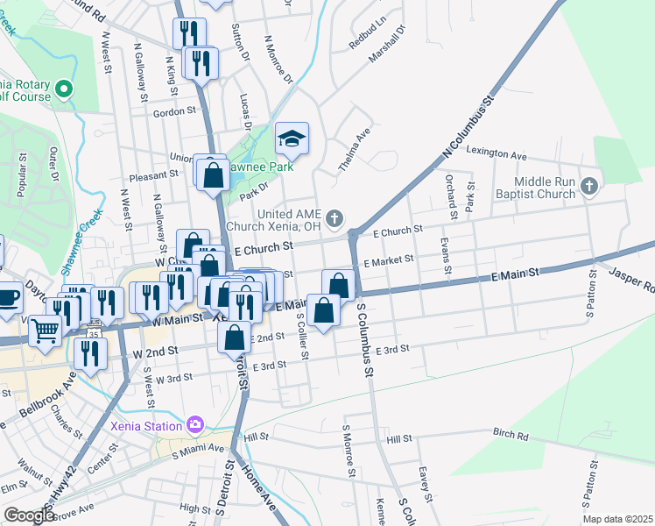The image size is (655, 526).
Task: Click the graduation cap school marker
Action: pyautogui.click(x=292, y=139)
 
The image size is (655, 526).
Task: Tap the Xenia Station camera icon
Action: pyautogui.click(x=194, y=425)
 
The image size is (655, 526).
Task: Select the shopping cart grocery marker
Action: pyautogui.click(x=46, y=331)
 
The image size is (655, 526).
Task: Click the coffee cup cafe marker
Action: pyautogui.click(x=8, y=295)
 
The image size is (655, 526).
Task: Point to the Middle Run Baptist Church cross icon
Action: pyautogui.click(x=590, y=185)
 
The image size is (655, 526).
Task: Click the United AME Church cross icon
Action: pyautogui.click(x=334, y=217)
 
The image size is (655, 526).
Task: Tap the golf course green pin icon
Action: pyautogui.click(x=63, y=89)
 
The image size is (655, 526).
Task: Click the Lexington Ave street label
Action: pyautogui.click(x=497, y=153)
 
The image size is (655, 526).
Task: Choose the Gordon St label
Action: pyautogui.click(x=174, y=112)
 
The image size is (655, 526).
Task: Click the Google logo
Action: pyautogui.click(x=29, y=515)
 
